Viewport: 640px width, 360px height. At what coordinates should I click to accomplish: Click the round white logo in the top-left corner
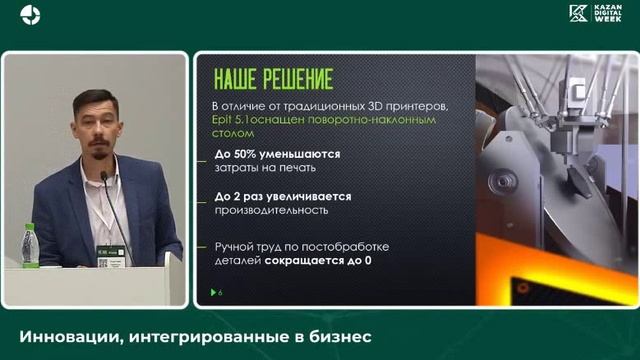(31, 14)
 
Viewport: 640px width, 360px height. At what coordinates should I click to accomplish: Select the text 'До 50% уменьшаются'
(277, 154)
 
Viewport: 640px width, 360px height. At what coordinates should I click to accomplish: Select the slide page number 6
(220, 291)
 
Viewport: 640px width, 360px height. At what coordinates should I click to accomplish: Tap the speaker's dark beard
(98, 137)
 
